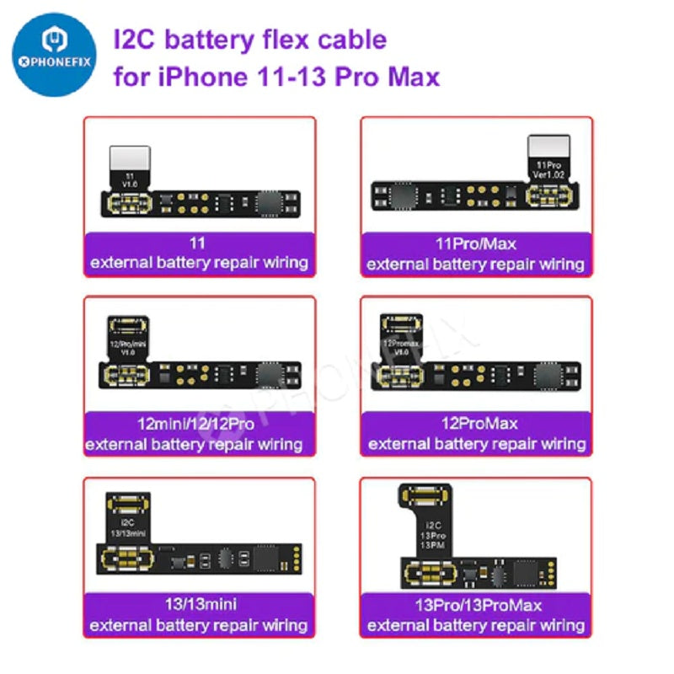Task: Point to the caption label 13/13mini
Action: click(x=199, y=606)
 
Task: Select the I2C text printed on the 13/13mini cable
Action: click(x=128, y=522)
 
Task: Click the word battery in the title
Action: click(x=221, y=39)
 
